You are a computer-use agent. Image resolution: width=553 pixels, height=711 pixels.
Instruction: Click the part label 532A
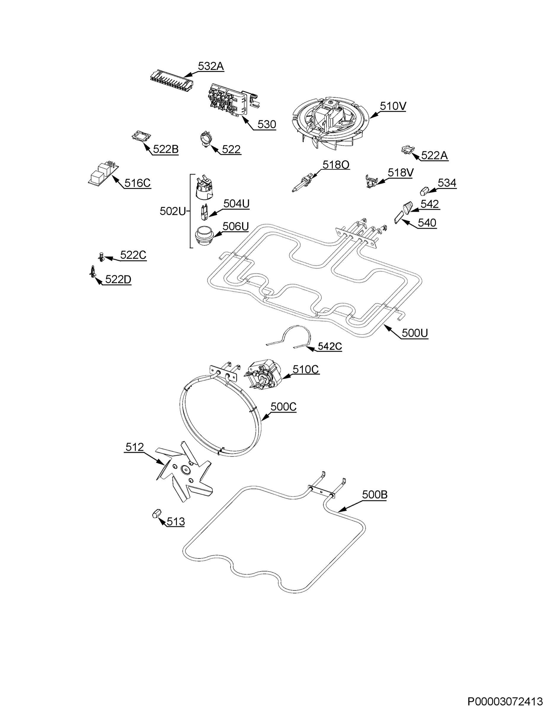coord(211,66)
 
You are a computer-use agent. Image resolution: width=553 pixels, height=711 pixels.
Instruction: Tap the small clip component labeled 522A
coord(407,151)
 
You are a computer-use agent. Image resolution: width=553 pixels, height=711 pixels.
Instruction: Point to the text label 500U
coord(415,333)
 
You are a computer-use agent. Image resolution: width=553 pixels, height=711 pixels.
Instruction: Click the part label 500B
coord(375,494)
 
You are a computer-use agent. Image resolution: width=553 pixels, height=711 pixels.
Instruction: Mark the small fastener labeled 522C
coord(101,257)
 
